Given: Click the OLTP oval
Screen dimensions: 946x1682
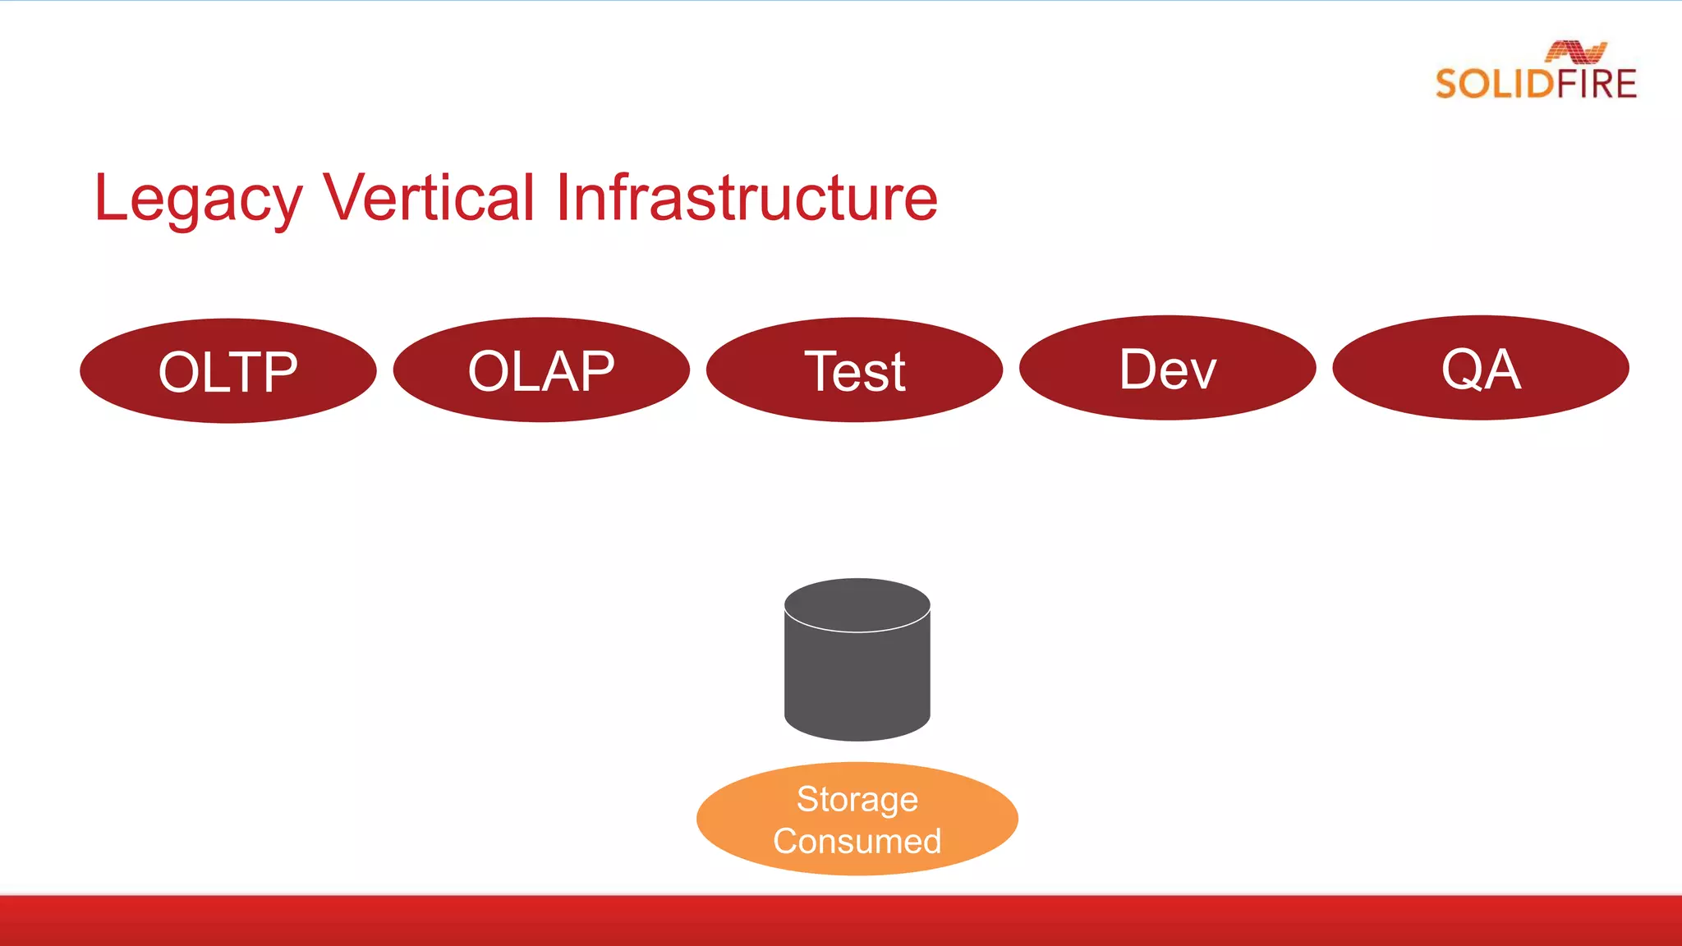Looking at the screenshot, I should [x=228, y=371].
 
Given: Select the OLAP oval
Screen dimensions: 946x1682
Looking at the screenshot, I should [x=541, y=370].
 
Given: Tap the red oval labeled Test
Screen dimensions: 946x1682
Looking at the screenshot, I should [x=854, y=370].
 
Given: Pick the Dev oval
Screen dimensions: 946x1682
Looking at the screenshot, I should [x=1167, y=368].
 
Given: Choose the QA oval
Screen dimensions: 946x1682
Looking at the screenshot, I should [x=1480, y=368].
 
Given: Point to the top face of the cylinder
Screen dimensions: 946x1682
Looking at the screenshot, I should [x=857, y=605].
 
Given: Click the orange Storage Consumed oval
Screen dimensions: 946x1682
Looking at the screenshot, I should [x=857, y=819].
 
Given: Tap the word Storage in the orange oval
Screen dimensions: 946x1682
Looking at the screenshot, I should [x=857, y=800].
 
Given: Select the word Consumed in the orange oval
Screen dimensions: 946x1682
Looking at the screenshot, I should [x=857, y=841].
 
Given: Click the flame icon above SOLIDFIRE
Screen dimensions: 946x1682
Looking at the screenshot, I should [x=1575, y=52].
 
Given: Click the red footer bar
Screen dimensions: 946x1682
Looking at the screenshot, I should [x=841, y=921].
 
